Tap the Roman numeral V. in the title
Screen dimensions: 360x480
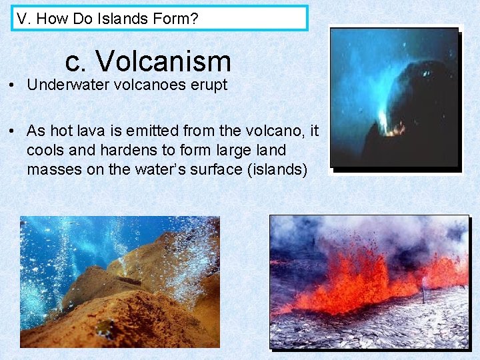24,19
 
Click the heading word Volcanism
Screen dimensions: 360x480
163,61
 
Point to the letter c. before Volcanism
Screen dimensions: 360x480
76,61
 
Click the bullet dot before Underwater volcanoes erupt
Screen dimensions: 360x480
12,85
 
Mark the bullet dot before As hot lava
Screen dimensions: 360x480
12,132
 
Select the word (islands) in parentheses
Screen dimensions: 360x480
277,169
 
